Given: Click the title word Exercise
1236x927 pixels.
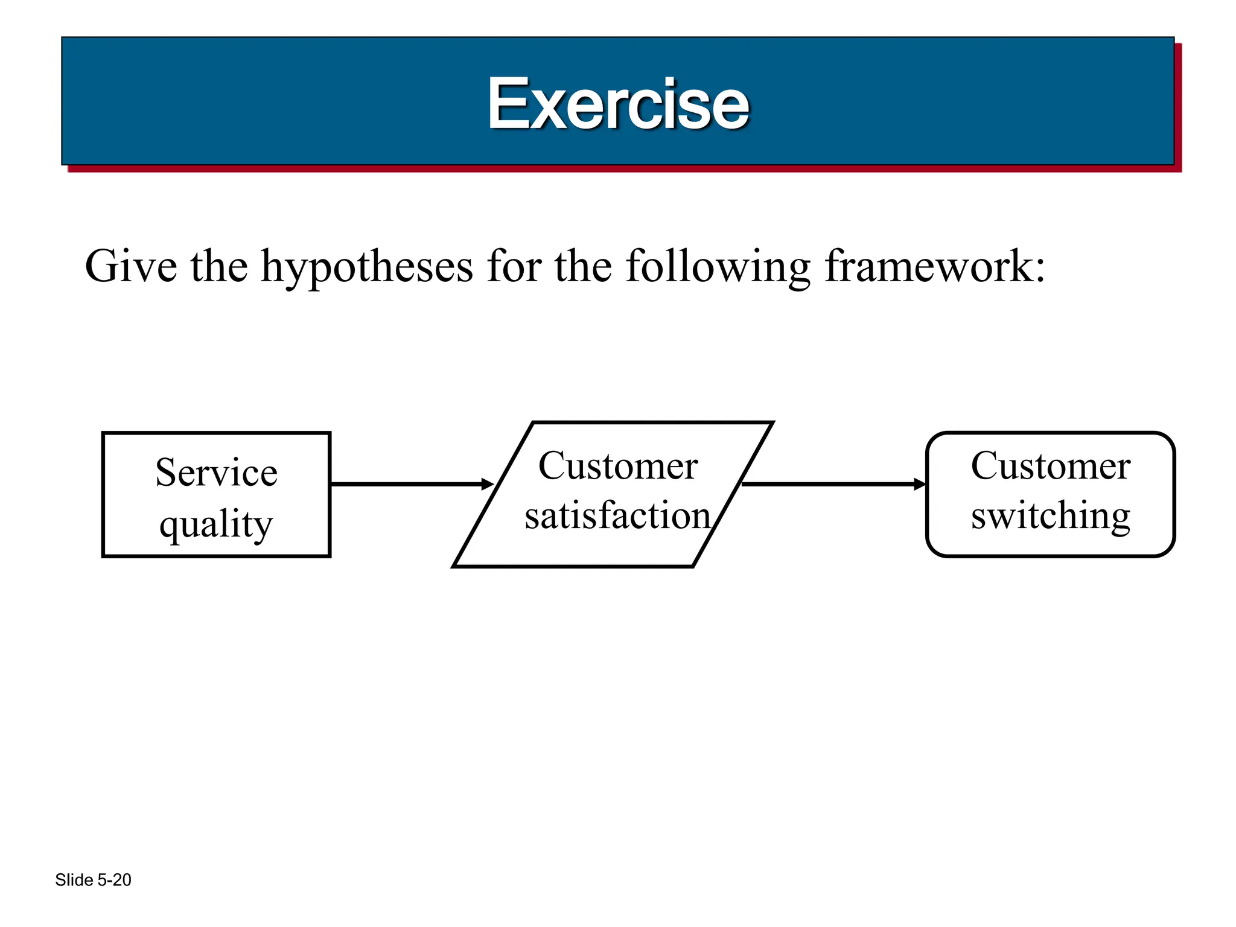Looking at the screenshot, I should (x=618, y=104).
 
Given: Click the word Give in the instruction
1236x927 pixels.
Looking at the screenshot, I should (x=131, y=266).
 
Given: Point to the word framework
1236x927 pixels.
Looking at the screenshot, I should (x=929, y=266).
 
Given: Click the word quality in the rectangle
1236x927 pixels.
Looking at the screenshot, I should (x=216, y=524).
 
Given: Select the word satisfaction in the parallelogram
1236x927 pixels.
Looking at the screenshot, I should (x=617, y=515).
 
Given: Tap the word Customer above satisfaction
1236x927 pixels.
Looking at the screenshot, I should (x=618, y=466).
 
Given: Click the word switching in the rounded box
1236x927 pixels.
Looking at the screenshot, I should (x=1050, y=517).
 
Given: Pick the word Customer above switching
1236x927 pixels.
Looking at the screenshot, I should (x=1050, y=466).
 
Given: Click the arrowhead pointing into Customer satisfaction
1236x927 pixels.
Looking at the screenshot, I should (x=488, y=484).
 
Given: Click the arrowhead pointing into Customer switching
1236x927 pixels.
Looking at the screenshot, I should (x=920, y=484).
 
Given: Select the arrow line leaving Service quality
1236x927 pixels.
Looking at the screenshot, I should (x=404, y=484).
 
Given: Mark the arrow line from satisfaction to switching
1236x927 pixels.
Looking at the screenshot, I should (x=827, y=484).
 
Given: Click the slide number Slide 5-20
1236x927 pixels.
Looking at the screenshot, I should (x=93, y=880).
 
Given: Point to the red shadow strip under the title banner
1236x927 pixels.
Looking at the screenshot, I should (x=622, y=169).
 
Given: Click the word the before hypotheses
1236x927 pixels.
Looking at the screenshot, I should (x=219, y=266).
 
